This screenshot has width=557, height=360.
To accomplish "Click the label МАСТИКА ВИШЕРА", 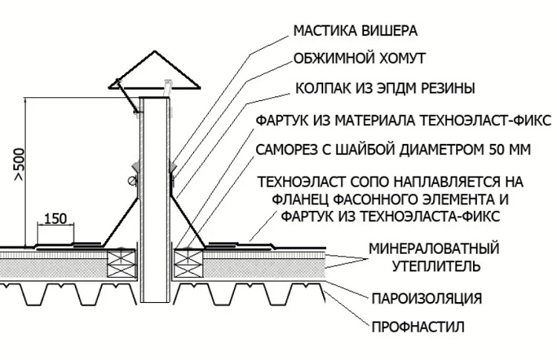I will [355, 31].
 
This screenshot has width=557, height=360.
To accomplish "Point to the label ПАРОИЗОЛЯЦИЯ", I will [427, 298].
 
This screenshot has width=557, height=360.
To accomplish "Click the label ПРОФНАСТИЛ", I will [419, 325].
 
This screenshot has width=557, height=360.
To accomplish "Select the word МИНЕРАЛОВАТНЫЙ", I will [434, 247].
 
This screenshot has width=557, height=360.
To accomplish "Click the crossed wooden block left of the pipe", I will [120, 259].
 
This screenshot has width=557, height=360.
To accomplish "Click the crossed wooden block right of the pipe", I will [187, 259].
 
